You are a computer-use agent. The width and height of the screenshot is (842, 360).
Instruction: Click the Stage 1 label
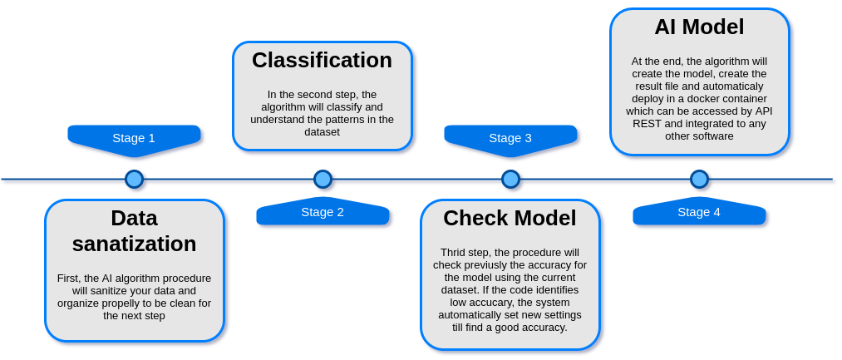(x=134, y=138)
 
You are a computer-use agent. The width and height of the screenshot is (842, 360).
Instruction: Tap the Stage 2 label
(x=323, y=212)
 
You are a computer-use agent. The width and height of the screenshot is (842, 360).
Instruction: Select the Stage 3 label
(x=510, y=138)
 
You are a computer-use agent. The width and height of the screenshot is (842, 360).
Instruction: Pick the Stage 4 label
(x=699, y=212)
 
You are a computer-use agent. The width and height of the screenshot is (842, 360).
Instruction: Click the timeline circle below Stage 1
(x=134, y=179)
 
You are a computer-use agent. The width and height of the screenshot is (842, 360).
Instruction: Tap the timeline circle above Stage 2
(x=323, y=179)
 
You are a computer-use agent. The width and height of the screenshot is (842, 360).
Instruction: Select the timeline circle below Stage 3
(x=510, y=179)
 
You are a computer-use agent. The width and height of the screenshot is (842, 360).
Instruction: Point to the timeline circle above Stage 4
(x=699, y=179)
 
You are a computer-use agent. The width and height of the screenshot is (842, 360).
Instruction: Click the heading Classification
(x=323, y=60)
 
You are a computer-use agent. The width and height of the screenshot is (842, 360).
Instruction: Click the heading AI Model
(x=699, y=27)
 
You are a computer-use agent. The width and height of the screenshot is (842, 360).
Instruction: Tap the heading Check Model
(x=510, y=218)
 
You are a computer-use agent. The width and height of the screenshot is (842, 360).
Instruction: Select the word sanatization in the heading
(x=135, y=244)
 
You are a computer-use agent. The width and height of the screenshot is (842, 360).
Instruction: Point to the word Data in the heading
(x=135, y=218)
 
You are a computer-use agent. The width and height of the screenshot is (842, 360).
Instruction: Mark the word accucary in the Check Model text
(x=480, y=303)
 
